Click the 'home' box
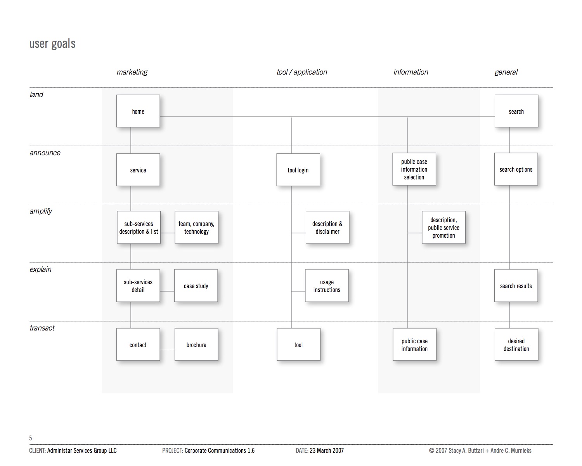coord(138,111)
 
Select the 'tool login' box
coord(298,170)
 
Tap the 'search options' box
coord(516,169)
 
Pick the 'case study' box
coord(196,286)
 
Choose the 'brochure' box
coord(196,344)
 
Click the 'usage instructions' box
coord(327,286)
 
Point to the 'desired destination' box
coord(516,344)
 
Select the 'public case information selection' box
coord(414,169)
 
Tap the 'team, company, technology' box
coord(196,228)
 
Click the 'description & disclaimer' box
coord(327,228)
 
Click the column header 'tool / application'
coord(302,72)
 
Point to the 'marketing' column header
coord(132,72)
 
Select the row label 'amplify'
coord(41,211)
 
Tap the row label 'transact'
coord(42,328)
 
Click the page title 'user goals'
coord(52,43)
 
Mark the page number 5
coord(31,438)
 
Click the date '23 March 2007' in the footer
coord(327,450)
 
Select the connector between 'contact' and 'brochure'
coord(167,350)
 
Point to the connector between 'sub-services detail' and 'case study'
coord(167,291)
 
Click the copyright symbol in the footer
coord(431,450)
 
